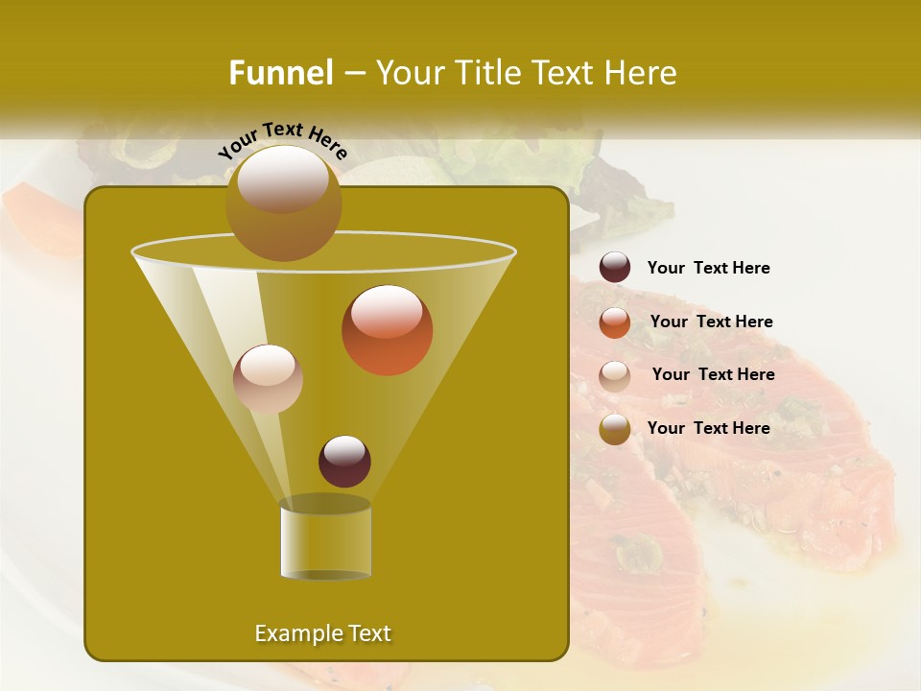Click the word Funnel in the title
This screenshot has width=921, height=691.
click(280, 73)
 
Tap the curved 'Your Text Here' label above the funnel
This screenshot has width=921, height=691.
click(283, 139)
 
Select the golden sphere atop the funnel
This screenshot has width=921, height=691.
click(283, 203)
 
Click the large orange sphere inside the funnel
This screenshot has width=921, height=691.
click(387, 330)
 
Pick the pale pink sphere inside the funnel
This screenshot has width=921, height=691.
click(268, 379)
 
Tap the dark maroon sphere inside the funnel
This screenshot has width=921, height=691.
click(344, 461)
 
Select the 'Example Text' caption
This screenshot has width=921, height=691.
click(322, 633)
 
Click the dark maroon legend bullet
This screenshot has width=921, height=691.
click(615, 268)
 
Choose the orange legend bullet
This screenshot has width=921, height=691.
click(615, 322)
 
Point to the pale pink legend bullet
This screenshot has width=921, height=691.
click(615, 375)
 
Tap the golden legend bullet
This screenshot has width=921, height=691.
click(615, 429)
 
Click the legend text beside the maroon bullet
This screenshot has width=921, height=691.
click(708, 269)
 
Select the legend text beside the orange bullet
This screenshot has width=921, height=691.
click(711, 322)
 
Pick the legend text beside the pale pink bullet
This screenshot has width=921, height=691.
click(713, 375)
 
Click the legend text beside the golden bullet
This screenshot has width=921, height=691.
click(708, 429)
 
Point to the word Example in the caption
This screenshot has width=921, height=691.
click(296, 633)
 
